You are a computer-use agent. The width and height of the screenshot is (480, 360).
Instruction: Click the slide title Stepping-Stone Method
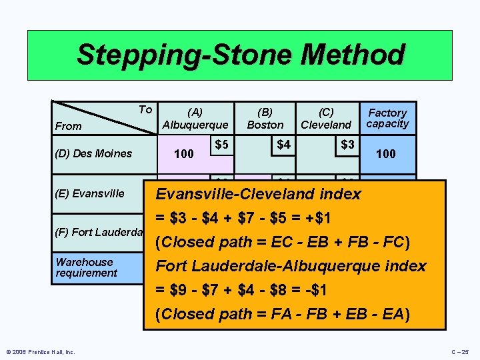[240, 55]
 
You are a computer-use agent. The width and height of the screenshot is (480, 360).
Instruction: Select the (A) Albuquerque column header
[195, 119]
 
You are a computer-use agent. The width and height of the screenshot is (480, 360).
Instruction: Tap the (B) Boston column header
[265, 119]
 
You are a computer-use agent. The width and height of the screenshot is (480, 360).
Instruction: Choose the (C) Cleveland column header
[326, 119]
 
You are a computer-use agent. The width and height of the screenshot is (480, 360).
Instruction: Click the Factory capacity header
[387, 118]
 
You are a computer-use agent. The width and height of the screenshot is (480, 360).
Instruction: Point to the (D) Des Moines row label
[94, 153]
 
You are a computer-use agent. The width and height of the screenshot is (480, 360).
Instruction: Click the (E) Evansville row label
[90, 193]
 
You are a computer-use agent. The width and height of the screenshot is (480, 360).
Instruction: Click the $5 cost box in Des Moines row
[222, 145]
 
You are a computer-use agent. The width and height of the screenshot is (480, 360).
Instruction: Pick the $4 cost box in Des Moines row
[283, 145]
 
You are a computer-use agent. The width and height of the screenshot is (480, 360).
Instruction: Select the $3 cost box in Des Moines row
[347, 145]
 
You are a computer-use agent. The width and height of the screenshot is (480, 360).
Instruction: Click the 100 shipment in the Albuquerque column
[183, 155]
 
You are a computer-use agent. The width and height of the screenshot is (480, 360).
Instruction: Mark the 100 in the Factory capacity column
[385, 154]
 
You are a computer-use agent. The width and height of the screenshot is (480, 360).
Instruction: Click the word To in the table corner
[145, 109]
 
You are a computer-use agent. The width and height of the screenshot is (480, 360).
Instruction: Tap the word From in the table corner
[69, 126]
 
